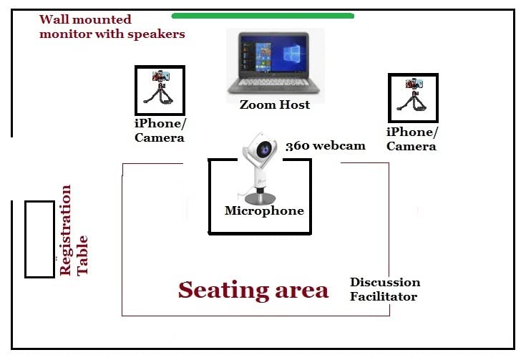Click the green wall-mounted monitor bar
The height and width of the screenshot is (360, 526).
(x=263, y=15)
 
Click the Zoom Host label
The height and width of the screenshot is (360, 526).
(x=275, y=104)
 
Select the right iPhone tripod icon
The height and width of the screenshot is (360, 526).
(x=413, y=97)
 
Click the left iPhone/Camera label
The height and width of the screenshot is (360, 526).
(x=160, y=130)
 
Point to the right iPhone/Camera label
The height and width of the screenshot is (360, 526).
(x=411, y=139)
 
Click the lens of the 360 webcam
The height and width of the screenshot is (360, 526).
(x=265, y=149)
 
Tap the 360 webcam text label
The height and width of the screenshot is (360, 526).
(x=325, y=146)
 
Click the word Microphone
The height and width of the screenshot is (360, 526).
(x=264, y=210)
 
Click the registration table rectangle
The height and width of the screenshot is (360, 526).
(x=39, y=239)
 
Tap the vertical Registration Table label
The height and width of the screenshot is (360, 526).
(x=74, y=230)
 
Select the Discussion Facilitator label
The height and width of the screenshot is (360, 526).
(x=384, y=289)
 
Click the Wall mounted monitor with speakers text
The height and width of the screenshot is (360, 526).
(x=112, y=26)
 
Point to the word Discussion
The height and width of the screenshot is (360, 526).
(x=384, y=282)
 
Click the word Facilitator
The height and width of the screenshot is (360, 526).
(x=383, y=296)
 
